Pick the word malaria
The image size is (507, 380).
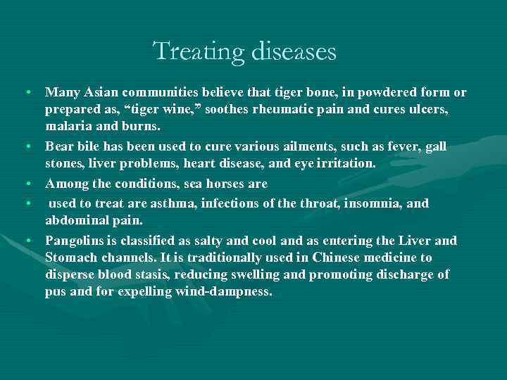(68, 127)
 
